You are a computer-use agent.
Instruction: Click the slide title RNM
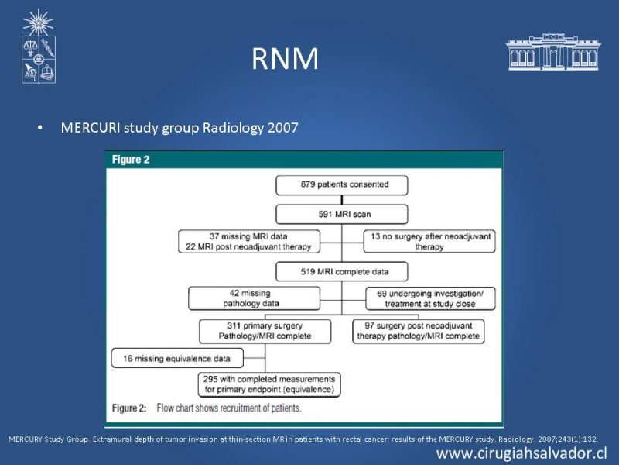[x=285, y=59]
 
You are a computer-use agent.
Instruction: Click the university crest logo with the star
[x=38, y=46]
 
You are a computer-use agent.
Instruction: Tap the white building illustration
[x=553, y=52]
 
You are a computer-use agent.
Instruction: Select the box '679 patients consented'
[x=342, y=185]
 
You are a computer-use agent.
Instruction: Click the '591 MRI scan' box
[x=342, y=215]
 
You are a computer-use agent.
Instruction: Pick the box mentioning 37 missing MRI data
[x=249, y=242]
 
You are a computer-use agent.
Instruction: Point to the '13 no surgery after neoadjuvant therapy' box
[x=429, y=242]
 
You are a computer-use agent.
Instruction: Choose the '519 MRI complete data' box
[x=342, y=272]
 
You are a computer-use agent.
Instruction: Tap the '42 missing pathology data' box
[x=255, y=298]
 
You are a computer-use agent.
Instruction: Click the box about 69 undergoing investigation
[x=430, y=298]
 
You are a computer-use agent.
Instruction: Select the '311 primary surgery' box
[x=265, y=332]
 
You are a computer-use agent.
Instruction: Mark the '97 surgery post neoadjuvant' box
[x=419, y=332]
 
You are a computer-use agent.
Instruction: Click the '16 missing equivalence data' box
[x=178, y=358]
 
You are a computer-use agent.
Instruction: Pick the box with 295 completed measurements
[x=269, y=384]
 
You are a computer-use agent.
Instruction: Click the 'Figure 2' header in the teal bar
[x=131, y=160]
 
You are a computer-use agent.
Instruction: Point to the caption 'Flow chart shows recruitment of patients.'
[x=229, y=408]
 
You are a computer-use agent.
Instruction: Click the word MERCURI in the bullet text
[x=91, y=128]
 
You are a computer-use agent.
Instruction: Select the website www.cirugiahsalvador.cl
[x=522, y=453]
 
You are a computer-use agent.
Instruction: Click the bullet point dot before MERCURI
[x=39, y=128]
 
